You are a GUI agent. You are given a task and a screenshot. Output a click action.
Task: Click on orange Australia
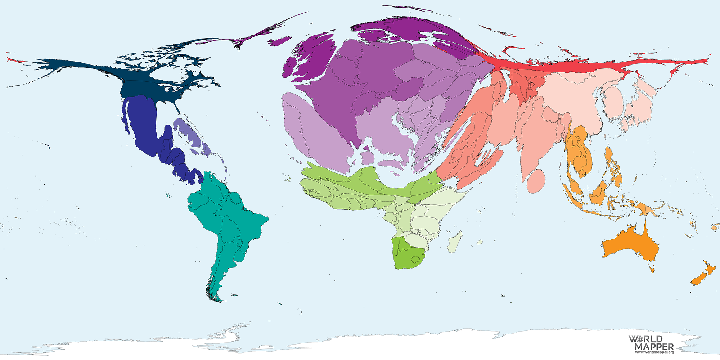[630, 245]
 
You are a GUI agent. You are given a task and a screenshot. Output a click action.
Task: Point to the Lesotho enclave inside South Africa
[417, 259]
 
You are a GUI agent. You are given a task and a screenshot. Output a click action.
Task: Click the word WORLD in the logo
[645, 339]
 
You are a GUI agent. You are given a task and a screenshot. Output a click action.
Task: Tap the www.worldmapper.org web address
[654, 352]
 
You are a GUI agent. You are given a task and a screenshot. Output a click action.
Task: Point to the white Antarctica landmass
[360, 347]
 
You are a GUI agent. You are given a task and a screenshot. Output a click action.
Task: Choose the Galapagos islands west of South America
[168, 195]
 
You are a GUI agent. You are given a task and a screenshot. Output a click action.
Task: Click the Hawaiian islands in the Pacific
[47, 146]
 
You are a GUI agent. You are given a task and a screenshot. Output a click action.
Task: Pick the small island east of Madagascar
[480, 242]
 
